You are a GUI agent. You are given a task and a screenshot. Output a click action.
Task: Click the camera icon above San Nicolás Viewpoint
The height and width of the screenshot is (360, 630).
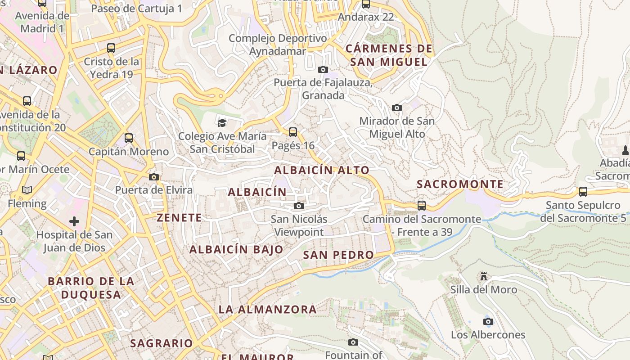click(x=298, y=206)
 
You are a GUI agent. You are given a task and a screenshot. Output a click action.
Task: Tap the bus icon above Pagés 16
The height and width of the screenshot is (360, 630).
click(x=293, y=132)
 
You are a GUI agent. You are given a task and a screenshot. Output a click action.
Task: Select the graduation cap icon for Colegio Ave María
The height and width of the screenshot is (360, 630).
click(x=221, y=123)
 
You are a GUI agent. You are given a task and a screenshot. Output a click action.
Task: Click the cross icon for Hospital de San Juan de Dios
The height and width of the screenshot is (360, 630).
click(x=74, y=221)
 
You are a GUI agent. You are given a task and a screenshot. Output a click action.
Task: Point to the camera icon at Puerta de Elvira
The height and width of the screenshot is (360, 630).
click(x=154, y=177)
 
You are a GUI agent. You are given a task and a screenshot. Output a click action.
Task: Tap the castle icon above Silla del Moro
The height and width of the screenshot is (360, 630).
click(x=484, y=276)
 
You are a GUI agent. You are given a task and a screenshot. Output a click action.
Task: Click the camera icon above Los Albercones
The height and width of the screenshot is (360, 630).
click(x=488, y=321)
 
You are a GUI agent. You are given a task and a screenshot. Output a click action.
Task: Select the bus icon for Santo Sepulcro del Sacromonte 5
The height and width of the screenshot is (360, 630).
click(x=583, y=192)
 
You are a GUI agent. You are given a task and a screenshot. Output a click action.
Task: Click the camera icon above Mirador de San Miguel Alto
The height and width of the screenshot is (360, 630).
click(x=397, y=108)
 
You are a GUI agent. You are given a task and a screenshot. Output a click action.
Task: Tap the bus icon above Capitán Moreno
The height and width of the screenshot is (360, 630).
click(x=129, y=138)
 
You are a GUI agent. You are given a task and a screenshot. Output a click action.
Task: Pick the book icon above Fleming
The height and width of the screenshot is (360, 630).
click(x=27, y=190)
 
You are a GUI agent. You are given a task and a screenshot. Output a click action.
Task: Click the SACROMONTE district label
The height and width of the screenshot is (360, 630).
click(x=460, y=184)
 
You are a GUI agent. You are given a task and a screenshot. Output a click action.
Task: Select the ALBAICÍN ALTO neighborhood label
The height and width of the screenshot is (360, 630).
click(x=322, y=171)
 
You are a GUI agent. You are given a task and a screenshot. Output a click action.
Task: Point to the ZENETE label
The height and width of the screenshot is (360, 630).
click(x=179, y=218)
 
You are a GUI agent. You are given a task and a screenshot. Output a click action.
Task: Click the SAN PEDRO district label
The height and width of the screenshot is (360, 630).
click(x=338, y=255)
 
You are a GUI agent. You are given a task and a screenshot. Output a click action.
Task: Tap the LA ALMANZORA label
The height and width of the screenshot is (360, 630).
click(x=268, y=310)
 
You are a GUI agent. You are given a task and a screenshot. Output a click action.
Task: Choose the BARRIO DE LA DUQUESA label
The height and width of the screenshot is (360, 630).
click(x=91, y=288)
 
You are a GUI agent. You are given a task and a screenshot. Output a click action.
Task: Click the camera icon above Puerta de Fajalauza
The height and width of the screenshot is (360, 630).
click(x=323, y=69)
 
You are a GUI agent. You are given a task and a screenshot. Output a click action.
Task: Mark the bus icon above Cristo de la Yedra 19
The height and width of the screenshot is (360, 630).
click(x=111, y=48)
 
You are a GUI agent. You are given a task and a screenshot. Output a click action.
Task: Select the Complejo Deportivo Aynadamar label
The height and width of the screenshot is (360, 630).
click(x=278, y=45)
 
